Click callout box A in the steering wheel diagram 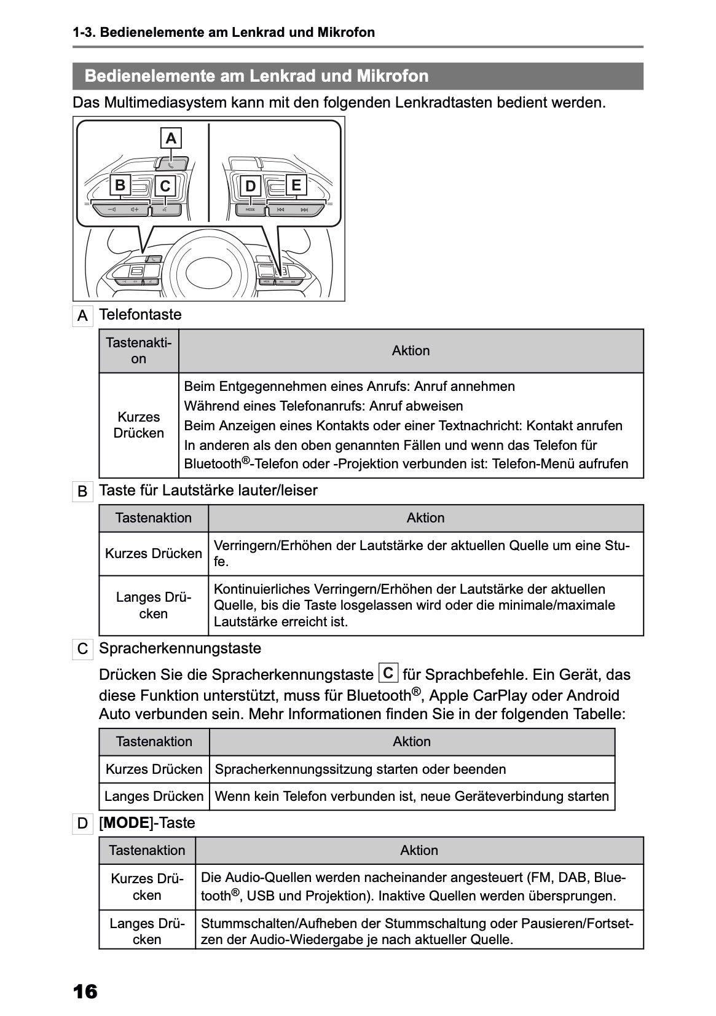(x=171, y=138)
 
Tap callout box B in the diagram (x=120, y=185)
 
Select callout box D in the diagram (x=250, y=186)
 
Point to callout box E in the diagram (x=296, y=185)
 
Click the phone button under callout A (x=171, y=163)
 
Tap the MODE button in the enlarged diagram (x=250, y=210)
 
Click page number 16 (x=85, y=991)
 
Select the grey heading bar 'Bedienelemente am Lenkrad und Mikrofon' (x=358, y=76)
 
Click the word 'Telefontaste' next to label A (x=140, y=315)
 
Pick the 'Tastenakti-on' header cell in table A (x=139, y=351)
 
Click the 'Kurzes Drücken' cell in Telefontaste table (x=139, y=425)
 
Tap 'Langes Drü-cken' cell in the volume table (x=154, y=605)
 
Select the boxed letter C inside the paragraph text (x=388, y=673)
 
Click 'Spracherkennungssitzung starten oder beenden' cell (x=361, y=769)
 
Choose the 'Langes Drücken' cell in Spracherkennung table (x=154, y=796)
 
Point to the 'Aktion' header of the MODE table (x=419, y=850)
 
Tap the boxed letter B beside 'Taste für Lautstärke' (x=82, y=492)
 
